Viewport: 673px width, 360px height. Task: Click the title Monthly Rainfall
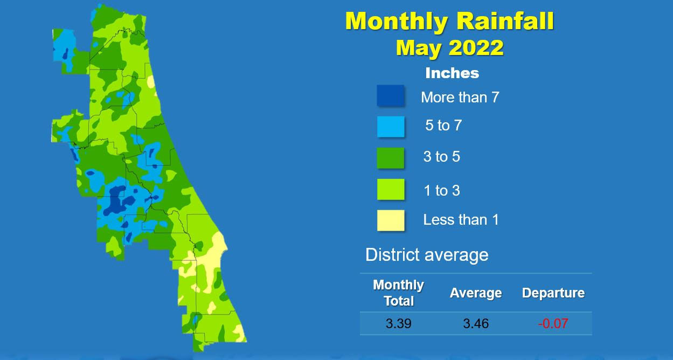click(x=449, y=21)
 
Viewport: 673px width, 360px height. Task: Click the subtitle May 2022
click(x=450, y=47)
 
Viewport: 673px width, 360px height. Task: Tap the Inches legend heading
click(x=452, y=73)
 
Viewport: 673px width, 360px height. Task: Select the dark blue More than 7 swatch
click(x=391, y=95)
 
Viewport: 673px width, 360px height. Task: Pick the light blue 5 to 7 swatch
click(x=391, y=127)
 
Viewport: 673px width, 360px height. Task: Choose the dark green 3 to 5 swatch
click(x=391, y=158)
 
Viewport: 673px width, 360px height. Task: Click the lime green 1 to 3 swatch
click(x=391, y=189)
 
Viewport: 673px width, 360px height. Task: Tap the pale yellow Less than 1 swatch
click(x=391, y=220)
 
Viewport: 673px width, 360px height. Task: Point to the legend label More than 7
click(x=460, y=98)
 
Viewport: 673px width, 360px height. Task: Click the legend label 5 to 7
click(x=443, y=126)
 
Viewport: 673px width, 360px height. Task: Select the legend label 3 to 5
click(x=442, y=157)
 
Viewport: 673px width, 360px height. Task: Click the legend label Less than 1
click(x=461, y=220)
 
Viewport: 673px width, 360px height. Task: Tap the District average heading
click(x=427, y=255)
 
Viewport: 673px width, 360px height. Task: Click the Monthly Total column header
click(x=398, y=293)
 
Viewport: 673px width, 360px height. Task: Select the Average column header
click(x=476, y=293)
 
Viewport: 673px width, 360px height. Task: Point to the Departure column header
click(x=553, y=293)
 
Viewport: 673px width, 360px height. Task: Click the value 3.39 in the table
click(x=398, y=324)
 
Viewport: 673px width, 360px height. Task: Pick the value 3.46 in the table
click(x=476, y=324)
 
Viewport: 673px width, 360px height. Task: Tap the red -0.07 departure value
click(x=553, y=324)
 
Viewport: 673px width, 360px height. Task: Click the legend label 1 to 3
click(x=442, y=191)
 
